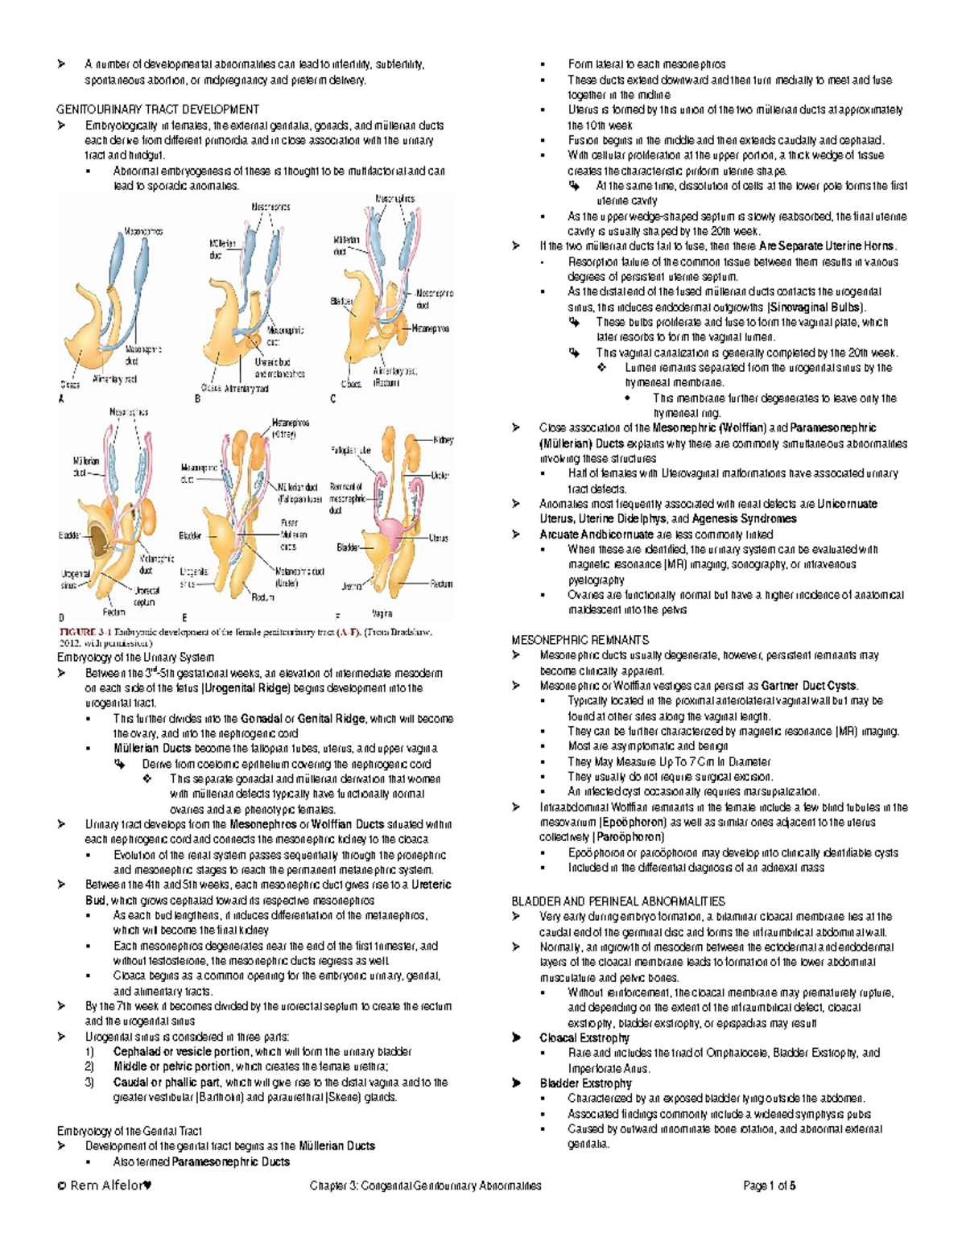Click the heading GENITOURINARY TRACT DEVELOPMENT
(157, 109)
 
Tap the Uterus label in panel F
(439, 538)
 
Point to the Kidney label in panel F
(444, 440)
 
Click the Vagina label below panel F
(382, 613)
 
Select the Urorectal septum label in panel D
(147, 596)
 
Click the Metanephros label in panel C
(431, 328)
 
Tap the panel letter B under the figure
(197, 399)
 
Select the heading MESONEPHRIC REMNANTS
(580, 640)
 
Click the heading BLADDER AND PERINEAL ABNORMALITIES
(618, 901)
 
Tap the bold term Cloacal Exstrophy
(584, 1038)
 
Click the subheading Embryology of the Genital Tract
(129, 1131)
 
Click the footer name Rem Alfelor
(104, 1185)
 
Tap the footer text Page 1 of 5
(770, 1185)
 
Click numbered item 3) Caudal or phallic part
(166, 1083)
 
